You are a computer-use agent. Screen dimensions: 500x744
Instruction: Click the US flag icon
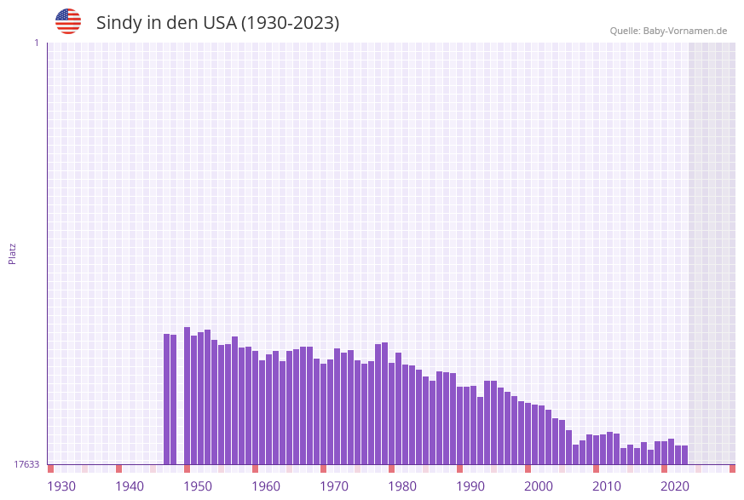pos(68,21)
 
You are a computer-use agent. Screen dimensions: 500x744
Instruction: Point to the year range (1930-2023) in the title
pos(290,23)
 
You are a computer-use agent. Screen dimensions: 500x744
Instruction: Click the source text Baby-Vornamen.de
pos(684,31)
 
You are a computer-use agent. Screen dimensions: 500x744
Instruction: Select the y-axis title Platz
pos(13,253)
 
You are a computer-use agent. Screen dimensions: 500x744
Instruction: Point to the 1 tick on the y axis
pos(36,43)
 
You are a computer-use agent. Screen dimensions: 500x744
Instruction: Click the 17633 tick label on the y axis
pos(26,464)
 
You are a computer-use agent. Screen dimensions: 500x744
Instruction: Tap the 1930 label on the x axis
pos(61,486)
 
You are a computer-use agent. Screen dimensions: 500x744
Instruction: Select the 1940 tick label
pos(130,486)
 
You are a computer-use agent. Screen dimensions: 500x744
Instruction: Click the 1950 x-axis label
pos(198,486)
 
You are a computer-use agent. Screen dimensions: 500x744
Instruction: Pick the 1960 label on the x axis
pos(266,486)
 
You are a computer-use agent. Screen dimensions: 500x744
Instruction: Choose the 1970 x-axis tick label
pos(334,486)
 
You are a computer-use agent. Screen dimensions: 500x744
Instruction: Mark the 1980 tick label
pos(402,486)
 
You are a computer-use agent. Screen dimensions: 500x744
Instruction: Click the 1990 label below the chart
pos(470,486)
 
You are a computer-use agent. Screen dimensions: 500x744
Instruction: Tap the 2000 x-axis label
pos(539,486)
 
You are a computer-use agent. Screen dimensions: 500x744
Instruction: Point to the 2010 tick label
pos(607,486)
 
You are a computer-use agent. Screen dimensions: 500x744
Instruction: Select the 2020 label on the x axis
pos(675,486)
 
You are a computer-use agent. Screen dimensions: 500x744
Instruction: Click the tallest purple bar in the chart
pos(187,396)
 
